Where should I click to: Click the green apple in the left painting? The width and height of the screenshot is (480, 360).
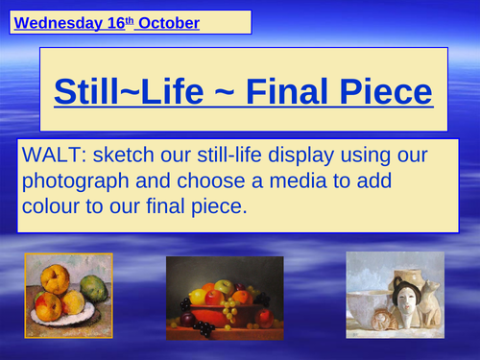pyautogui.click(x=93, y=287)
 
